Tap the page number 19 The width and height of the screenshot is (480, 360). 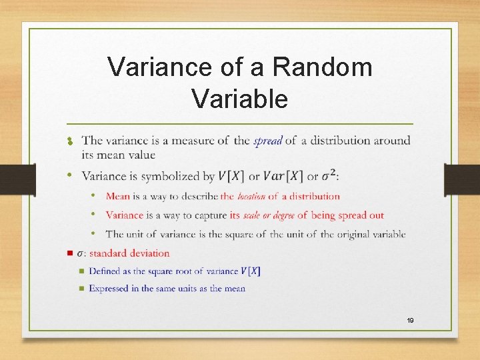pos(410,321)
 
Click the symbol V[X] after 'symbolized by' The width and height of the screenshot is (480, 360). pos(231,177)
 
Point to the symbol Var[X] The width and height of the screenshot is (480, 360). pos(283,177)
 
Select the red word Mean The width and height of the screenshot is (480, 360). pos(117,196)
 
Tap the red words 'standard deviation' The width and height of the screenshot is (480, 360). pos(129,253)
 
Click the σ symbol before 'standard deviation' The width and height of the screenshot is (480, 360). pos(80,253)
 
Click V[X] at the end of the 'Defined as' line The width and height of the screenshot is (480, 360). pos(251,271)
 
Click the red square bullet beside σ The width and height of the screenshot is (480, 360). pos(70,253)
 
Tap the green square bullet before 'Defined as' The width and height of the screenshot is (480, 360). pos(81,271)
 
